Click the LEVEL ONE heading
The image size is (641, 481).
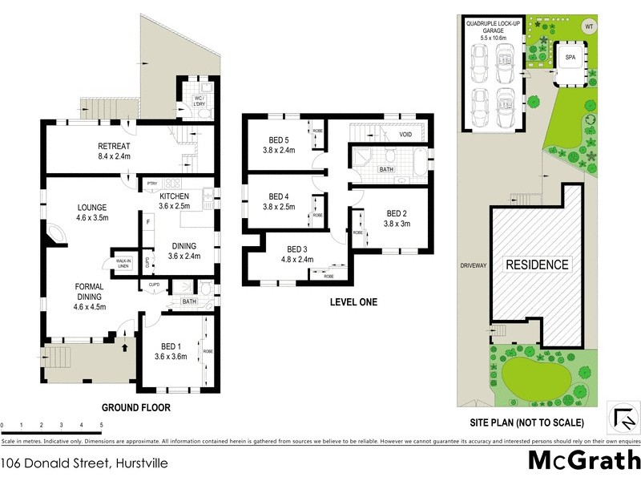pos(353,302)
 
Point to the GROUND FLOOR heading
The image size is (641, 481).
pos(130,407)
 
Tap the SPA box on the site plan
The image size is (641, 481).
pos(570,59)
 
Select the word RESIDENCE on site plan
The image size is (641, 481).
pos(536,265)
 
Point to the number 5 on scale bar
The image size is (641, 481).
pos(101,426)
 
